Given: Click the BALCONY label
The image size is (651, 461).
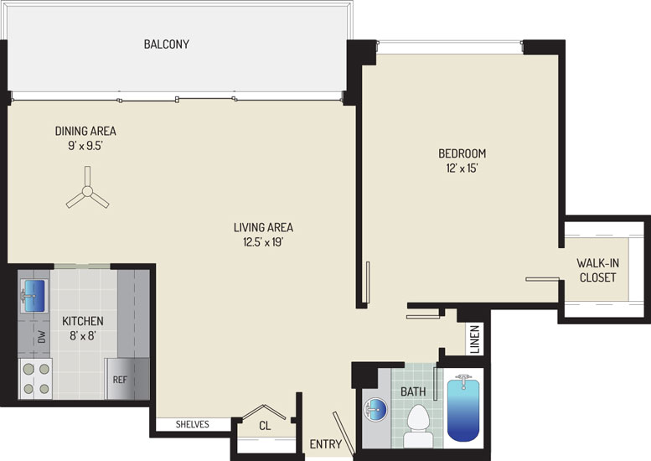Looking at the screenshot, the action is [x=166, y=44].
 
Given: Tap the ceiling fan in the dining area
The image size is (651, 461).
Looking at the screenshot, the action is [x=87, y=191].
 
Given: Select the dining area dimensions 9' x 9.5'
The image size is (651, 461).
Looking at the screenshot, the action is [x=85, y=146].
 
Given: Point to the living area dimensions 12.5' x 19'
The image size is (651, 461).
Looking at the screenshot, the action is [x=263, y=241].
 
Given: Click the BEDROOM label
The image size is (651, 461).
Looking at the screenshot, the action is [x=462, y=153].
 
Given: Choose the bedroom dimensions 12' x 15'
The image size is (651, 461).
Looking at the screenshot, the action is [x=462, y=168].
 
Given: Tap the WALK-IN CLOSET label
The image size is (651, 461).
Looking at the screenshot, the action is [x=598, y=270].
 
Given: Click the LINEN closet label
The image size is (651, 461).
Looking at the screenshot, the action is [x=475, y=339].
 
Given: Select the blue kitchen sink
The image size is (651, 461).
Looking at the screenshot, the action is [x=34, y=296].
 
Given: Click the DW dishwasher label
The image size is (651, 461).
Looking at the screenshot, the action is [x=42, y=336].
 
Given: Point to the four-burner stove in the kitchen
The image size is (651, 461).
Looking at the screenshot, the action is [x=36, y=379].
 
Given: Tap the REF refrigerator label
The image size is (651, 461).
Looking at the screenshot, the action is [x=120, y=380].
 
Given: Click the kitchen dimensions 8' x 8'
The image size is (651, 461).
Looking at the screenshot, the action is [x=83, y=335].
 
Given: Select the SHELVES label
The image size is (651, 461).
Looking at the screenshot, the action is [x=192, y=424].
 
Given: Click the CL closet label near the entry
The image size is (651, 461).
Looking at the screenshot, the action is [x=265, y=426].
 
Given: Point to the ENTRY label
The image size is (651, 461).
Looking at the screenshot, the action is [x=325, y=444].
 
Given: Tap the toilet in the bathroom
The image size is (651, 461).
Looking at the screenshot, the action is [x=418, y=426].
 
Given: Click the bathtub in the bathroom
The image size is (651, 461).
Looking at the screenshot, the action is [x=463, y=408].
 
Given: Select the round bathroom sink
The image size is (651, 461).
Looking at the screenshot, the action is [x=375, y=410].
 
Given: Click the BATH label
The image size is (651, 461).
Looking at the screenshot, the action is [x=413, y=391].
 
